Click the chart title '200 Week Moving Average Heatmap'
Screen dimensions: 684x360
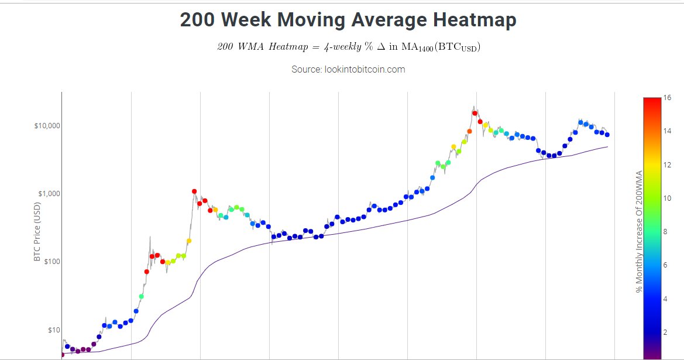(348, 20)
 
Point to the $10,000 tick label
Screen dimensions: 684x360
(47, 126)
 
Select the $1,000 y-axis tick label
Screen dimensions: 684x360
(49, 194)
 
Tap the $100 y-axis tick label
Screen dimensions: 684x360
(52, 262)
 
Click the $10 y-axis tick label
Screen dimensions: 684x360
(54, 330)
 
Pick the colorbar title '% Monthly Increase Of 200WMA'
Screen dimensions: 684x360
(639, 232)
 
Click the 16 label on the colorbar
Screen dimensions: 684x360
(667, 98)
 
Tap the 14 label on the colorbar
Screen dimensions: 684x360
(667, 131)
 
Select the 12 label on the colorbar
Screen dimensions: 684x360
(667, 164)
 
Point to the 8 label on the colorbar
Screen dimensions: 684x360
(665, 232)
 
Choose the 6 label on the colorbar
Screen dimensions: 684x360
(665, 265)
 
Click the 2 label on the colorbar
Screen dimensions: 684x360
(665, 332)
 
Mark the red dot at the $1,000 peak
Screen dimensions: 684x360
(194, 191)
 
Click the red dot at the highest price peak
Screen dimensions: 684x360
(475, 114)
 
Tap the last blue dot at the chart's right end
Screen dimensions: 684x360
(607, 135)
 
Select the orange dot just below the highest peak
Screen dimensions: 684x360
(469, 131)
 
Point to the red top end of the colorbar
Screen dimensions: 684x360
(652, 99)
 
